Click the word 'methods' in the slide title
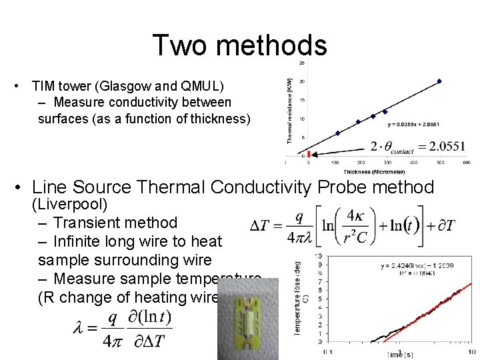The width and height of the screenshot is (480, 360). tap(275, 45)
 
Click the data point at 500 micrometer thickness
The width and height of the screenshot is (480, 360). tap(439, 81)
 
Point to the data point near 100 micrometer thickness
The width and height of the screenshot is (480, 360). tap(337, 133)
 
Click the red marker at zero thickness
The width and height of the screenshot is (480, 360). tap(309, 154)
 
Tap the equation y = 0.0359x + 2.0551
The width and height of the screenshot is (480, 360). tap(414, 124)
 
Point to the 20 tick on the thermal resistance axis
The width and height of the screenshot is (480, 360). tap(302, 81)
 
